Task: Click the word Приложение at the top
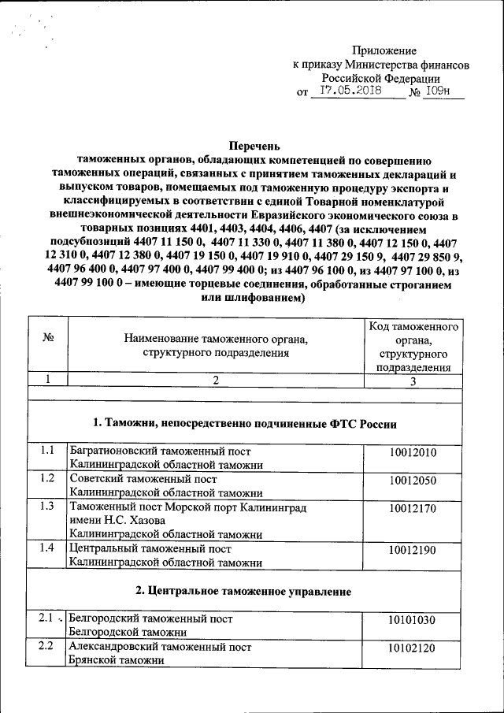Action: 384,50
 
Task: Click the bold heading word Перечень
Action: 254,146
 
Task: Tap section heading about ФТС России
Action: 244,423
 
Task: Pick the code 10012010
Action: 412,452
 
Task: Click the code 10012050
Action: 412,480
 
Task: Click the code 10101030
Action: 412,619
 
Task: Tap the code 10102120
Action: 412,648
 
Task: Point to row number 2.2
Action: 47,647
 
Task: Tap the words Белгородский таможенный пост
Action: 151,618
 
